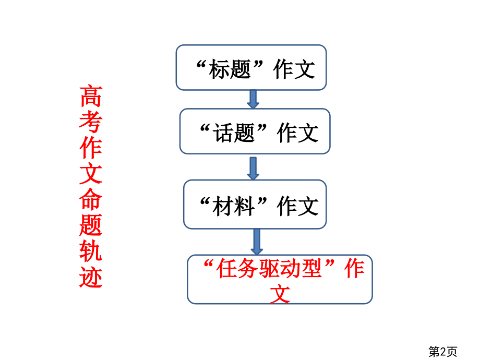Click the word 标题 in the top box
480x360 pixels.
230,69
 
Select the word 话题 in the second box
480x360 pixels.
234,133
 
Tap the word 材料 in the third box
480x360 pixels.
234,206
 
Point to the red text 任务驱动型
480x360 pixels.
269,268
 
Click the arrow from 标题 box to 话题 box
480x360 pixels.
253,99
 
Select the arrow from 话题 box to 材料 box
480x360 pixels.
253,169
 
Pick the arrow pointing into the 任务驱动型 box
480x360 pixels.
257,242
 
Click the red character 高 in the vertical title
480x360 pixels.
91,96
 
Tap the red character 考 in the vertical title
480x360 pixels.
91,122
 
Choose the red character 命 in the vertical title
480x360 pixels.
91,199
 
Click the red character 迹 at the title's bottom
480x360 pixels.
91,277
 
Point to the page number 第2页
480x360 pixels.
442,352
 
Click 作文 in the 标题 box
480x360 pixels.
294,69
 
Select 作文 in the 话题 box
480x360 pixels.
298,133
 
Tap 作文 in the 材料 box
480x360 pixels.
298,206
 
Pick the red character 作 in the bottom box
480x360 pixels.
354,268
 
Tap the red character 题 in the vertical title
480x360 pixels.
91,225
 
